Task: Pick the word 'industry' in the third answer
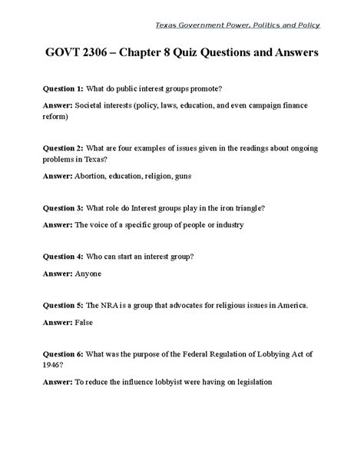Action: click(x=225, y=224)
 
